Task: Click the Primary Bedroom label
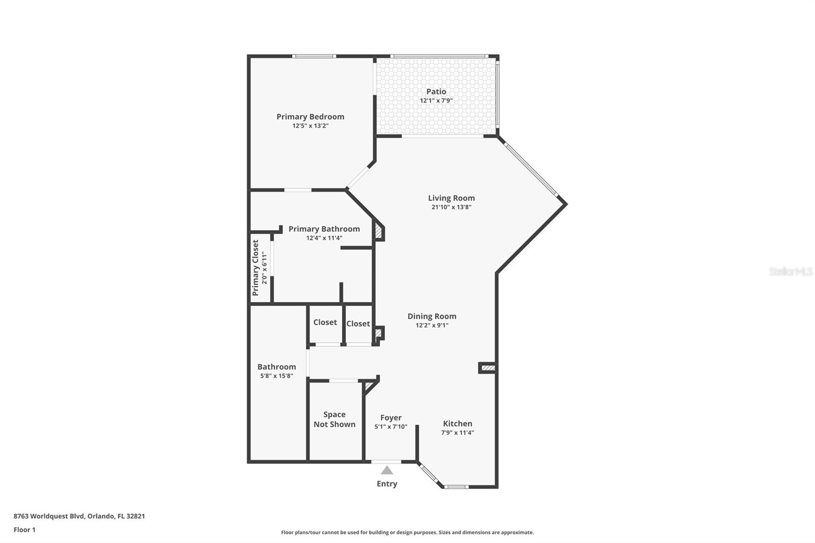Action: pyautogui.click(x=310, y=117)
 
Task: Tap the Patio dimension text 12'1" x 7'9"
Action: pyautogui.click(x=436, y=101)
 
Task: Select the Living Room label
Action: pyautogui.click(x=451, y=198)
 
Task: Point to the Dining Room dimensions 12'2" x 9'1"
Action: pyautogui.click(x=431, y=325)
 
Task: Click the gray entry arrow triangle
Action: pyautogui.click(x=387, y=470)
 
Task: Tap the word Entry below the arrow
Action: pyautogui.click(x=387, y=484)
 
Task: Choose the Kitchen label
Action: pyautogui.click(x=457, y=423)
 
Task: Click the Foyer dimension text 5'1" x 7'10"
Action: pyautogui.click(x=391, y=427)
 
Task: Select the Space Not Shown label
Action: pyautogui.click(x=334, y=419)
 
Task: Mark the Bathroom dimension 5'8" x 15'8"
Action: pyautogui.click(x=277, y=376)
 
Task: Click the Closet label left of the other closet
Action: pyautogui.click(x=325, y=322)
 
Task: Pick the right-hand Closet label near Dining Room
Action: pyautogui.click(x=358, y=324)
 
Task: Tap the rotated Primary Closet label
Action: pyautogui.click(x=256, y=268)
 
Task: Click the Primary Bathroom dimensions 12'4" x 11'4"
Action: pyautogui.click(x=324, y=238)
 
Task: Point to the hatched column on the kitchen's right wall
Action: pyautogui.click(x=487, y=367)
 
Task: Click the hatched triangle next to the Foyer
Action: pyautogui.click(x=369, y=387)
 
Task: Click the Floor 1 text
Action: pyautogui.click(x=24, y=530)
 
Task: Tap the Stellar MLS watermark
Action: pyautogui.click(x=791, y=271)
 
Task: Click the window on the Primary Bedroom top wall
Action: pyautogui.click(x=314, y=56)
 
